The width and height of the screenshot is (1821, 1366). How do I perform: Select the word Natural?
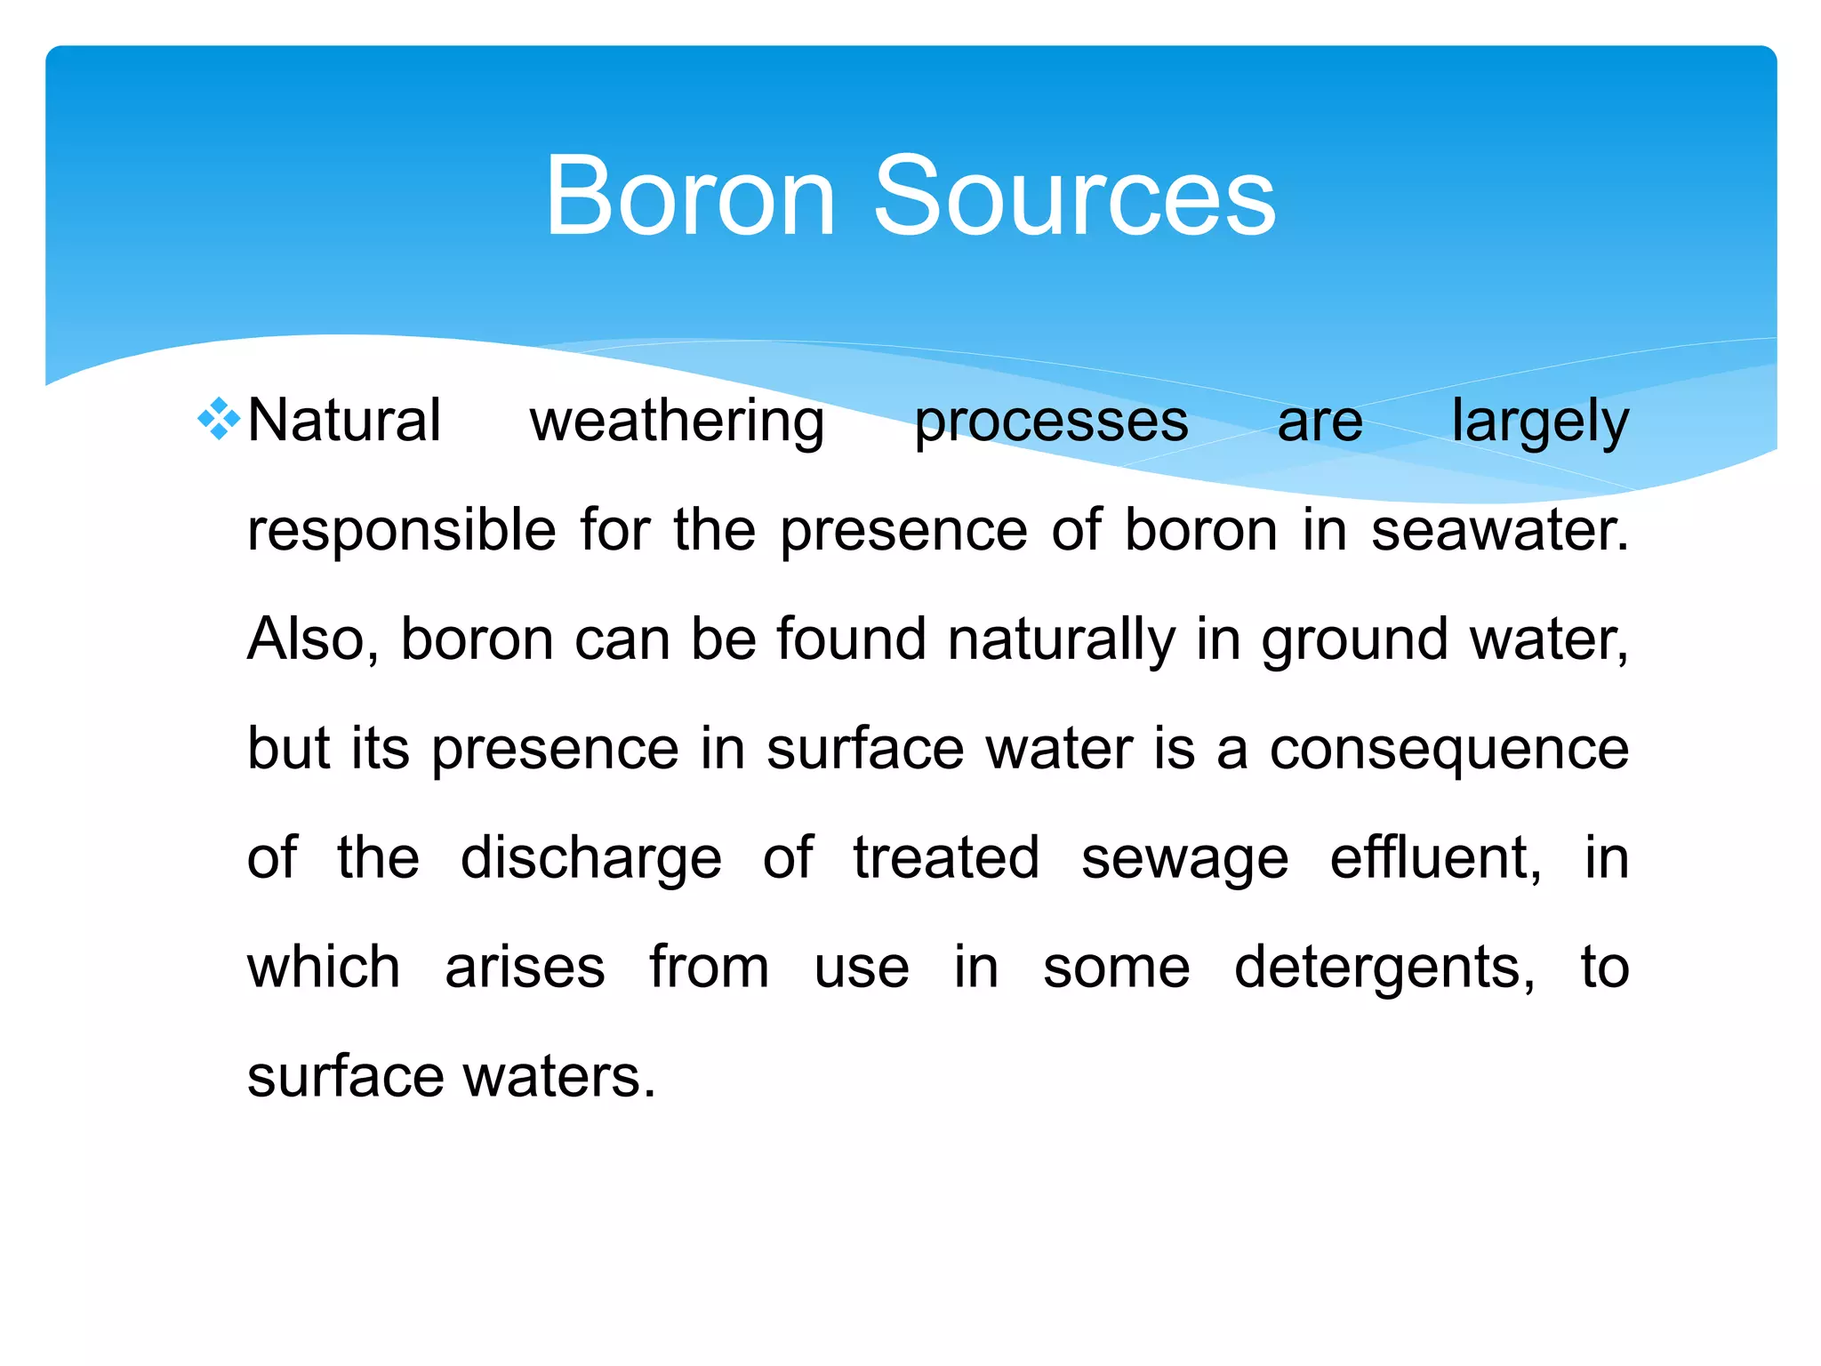(344, 421)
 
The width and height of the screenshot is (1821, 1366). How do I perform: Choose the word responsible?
(402, 532)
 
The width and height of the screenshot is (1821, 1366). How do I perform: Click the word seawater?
(1500, 531)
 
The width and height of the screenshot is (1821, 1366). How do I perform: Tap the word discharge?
(591, 860)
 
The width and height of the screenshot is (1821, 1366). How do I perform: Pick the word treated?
(946, 858)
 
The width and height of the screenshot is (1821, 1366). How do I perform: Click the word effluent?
(1436, 858)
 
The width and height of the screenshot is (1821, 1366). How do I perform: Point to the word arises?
(525, 968)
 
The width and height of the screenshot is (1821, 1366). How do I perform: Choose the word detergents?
(1384, 969)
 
